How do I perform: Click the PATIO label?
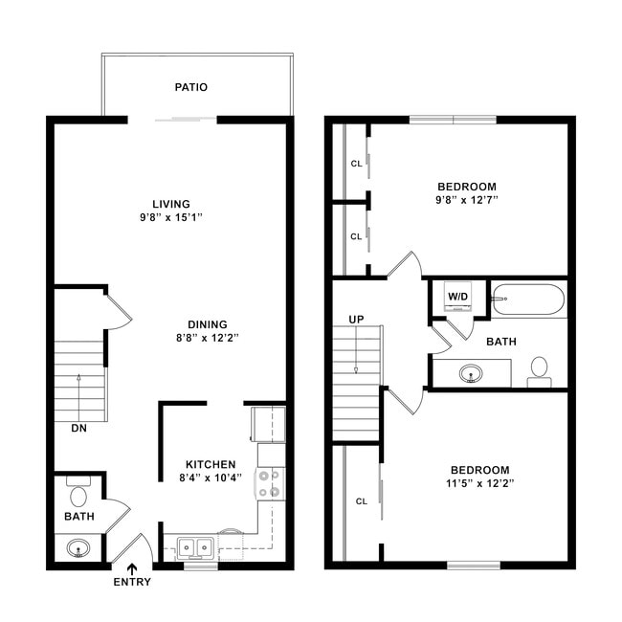pos(191,87)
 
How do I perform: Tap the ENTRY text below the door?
pos(132,582)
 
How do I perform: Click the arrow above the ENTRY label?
pos(132,568)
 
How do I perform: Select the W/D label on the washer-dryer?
pos(458,297)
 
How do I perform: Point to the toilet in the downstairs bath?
pos(79,495)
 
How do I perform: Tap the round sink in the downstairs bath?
pos(79,549)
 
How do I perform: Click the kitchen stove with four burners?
pos(272,483)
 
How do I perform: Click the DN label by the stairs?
pos(78,429)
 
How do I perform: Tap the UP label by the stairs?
pos(356,319)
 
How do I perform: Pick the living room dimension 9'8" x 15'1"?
pos(171,217)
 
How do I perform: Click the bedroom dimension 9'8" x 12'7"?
pos(467,200)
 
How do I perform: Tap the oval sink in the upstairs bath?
pos(470,372)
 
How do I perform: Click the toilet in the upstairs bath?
pos(539,368)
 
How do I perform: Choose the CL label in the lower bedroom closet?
pos(362,500)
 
